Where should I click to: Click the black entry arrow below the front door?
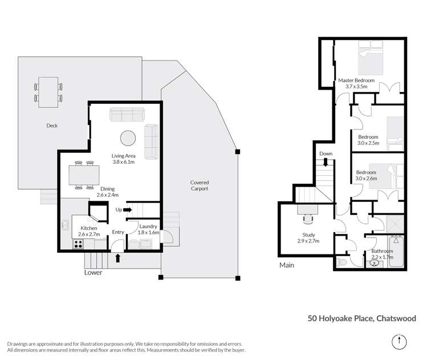118,258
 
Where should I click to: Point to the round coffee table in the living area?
128,138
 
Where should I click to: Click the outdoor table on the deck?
48,91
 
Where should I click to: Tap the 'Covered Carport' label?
199,185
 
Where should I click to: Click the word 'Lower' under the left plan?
93,273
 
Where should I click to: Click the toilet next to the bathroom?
342,262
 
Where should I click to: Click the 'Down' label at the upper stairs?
326,154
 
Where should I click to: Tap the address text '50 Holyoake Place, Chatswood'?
361,318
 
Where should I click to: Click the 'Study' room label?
308,234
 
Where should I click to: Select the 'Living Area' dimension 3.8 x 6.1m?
123,162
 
